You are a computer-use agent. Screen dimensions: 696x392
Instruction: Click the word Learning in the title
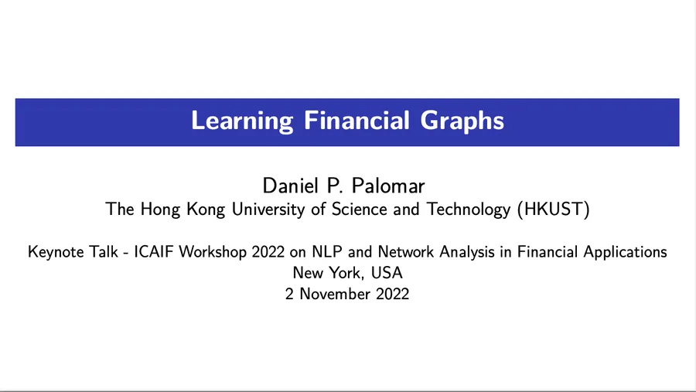tap(242, 121)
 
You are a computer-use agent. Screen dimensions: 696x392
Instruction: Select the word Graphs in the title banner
tap(462, 121)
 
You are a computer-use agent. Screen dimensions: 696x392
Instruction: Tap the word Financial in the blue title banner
tap(357, 121)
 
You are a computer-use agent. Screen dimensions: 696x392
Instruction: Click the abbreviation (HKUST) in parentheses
tap(554, 209)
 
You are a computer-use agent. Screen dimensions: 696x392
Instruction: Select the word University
tap(268, 210)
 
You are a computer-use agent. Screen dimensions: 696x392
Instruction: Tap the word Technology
tap(469, 210)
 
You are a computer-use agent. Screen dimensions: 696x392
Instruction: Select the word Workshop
tap(213, 252)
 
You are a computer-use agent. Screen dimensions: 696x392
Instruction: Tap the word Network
tap(406, 252)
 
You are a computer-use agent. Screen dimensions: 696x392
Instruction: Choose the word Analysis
tap(467, 252)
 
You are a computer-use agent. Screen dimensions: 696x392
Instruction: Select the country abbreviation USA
tap(387, 273)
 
